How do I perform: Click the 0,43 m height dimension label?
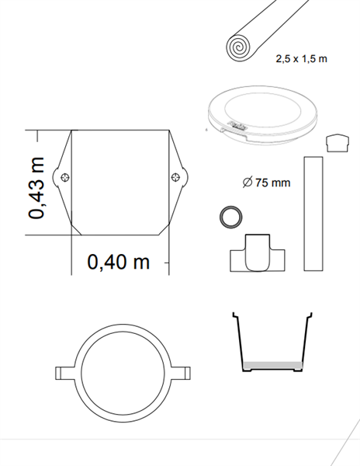36,188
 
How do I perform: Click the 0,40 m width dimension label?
119,262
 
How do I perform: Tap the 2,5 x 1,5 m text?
301,58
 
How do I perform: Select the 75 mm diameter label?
266,183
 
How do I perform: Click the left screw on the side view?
65,178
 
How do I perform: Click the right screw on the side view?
175,178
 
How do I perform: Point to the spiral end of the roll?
238,47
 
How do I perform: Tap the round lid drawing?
262,115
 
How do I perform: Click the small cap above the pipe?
337,143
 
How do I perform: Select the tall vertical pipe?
313,214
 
